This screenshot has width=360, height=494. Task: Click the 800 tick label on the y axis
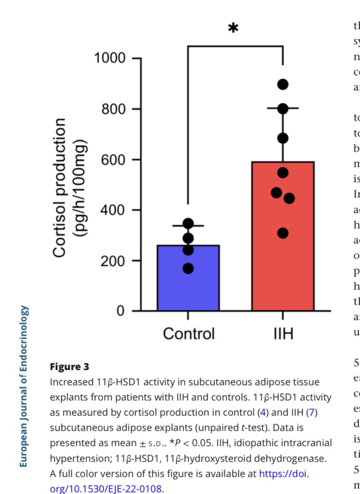pyautogui.click(x=114, y=109)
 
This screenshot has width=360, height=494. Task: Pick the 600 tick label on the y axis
pyautogui.click(x=114, y=160)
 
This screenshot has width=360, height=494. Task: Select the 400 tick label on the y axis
pyautogui.click(x=114, y=210)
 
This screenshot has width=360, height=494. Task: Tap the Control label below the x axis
pyautogui.click(x=188, y=333)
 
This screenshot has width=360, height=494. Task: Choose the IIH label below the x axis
pyautogui.click(x=282, y=333)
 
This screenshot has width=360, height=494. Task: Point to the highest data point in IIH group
pyautogui.click(x=283, y=85)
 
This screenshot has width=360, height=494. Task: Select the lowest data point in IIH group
pyautogui.click(x=283, y=233)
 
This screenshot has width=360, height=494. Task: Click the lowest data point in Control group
pyautogui.click(x=188, y=269)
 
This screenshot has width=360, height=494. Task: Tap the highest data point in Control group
pyautogui.click(x=188, y=223)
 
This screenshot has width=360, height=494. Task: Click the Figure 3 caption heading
pyautogui.click(x=69, y=367)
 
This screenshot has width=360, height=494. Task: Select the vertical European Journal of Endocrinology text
pyautogui.click(x=24, y=386)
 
